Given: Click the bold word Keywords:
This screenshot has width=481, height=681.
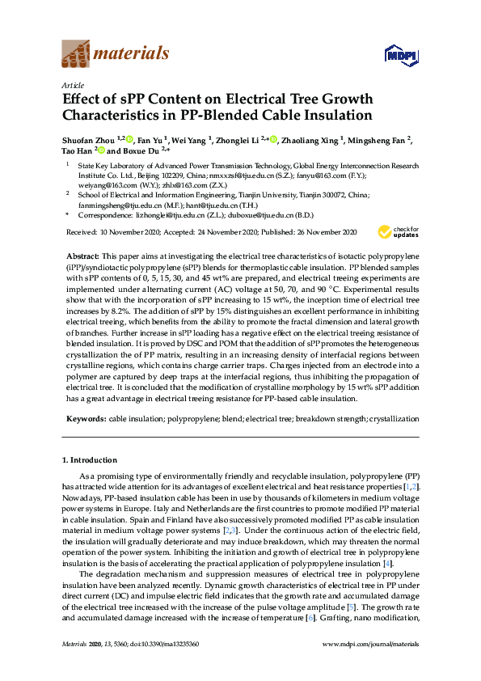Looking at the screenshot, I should tap(84, 420).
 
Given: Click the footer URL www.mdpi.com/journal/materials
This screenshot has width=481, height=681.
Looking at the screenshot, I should tap(371, 644).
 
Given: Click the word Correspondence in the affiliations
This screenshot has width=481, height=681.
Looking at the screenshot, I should tap(104, 217).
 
